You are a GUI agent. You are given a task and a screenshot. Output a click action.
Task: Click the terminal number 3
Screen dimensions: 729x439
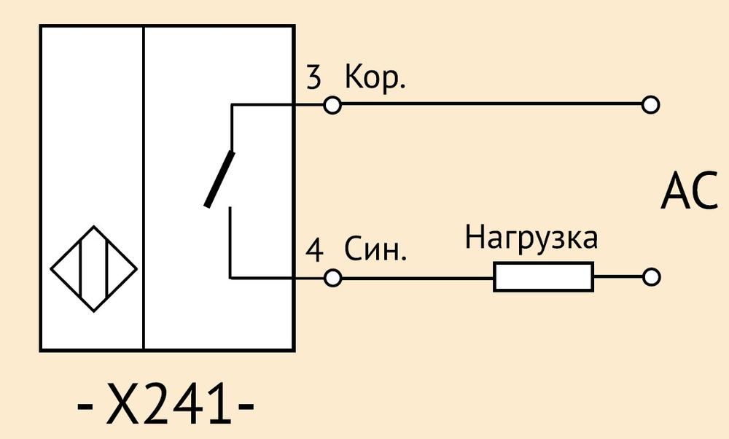coord(313,77)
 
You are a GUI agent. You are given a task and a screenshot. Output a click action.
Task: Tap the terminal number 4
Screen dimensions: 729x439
coord(314,251)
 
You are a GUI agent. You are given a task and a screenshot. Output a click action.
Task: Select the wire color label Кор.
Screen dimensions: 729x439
coord(375,77)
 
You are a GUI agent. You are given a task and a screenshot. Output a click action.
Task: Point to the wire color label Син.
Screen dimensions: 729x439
coord(375,249)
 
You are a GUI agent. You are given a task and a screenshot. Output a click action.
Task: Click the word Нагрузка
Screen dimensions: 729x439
coord(531,238)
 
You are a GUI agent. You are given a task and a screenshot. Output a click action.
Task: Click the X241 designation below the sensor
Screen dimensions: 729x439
coord(165,404)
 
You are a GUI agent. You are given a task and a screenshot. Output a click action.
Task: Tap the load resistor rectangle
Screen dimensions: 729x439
coord(543,277)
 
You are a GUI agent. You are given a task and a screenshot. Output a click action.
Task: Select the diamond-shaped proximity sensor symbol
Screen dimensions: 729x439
coord(93,269)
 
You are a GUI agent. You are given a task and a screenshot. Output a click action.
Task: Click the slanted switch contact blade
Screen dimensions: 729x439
coord(219,179)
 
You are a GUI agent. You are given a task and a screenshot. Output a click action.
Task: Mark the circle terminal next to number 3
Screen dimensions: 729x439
coord(332,105)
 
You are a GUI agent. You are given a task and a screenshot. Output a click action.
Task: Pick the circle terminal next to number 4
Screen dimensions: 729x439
coord(332,278)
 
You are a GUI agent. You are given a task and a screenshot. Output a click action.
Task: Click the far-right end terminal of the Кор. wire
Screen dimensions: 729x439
coord(650,104)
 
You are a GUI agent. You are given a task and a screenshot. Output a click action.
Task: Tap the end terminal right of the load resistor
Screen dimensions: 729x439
coord(651,277)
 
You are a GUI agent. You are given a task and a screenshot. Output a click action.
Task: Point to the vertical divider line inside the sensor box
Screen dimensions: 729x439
coord(144,187)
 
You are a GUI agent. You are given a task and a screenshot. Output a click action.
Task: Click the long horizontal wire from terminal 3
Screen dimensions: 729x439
coord(491,104)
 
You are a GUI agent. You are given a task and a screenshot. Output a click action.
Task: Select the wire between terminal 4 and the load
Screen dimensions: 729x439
coord(417,278)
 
